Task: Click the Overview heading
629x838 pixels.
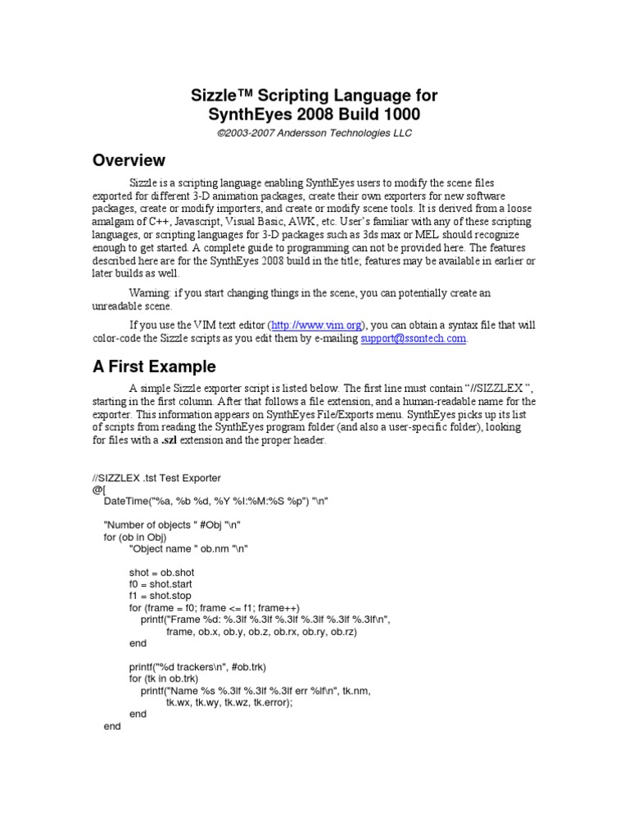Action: click(x=128, y=160)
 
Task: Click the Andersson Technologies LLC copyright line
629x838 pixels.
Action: click(x=314, y=133)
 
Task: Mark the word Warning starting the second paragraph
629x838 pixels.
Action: click(x=148, y=292)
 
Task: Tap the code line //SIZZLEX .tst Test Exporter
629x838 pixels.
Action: click(x=156, y=477)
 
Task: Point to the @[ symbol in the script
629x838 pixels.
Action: click(x=98, y=489)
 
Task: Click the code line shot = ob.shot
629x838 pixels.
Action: click(x=161, y=572)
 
